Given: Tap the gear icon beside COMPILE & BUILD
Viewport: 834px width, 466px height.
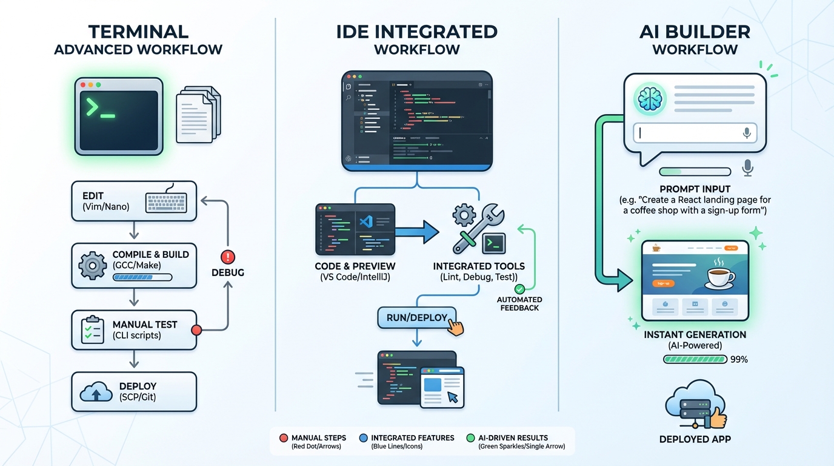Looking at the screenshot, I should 93,265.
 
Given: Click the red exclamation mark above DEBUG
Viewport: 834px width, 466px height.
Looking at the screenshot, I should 228,257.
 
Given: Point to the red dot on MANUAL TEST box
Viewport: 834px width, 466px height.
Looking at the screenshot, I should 196,330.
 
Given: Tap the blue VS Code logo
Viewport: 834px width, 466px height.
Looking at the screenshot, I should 365,222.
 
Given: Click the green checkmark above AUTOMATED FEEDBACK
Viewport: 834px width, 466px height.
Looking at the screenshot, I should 519,289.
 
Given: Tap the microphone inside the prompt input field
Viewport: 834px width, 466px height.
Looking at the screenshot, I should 747,133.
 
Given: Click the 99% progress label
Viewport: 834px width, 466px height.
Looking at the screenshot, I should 739,359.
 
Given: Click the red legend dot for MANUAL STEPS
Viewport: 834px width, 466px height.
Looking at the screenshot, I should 283,437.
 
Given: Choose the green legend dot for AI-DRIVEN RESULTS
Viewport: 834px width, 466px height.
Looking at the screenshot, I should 471,437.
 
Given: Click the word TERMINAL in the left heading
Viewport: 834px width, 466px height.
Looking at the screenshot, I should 138,32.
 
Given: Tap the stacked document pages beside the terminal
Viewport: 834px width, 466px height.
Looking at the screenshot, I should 198,113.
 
